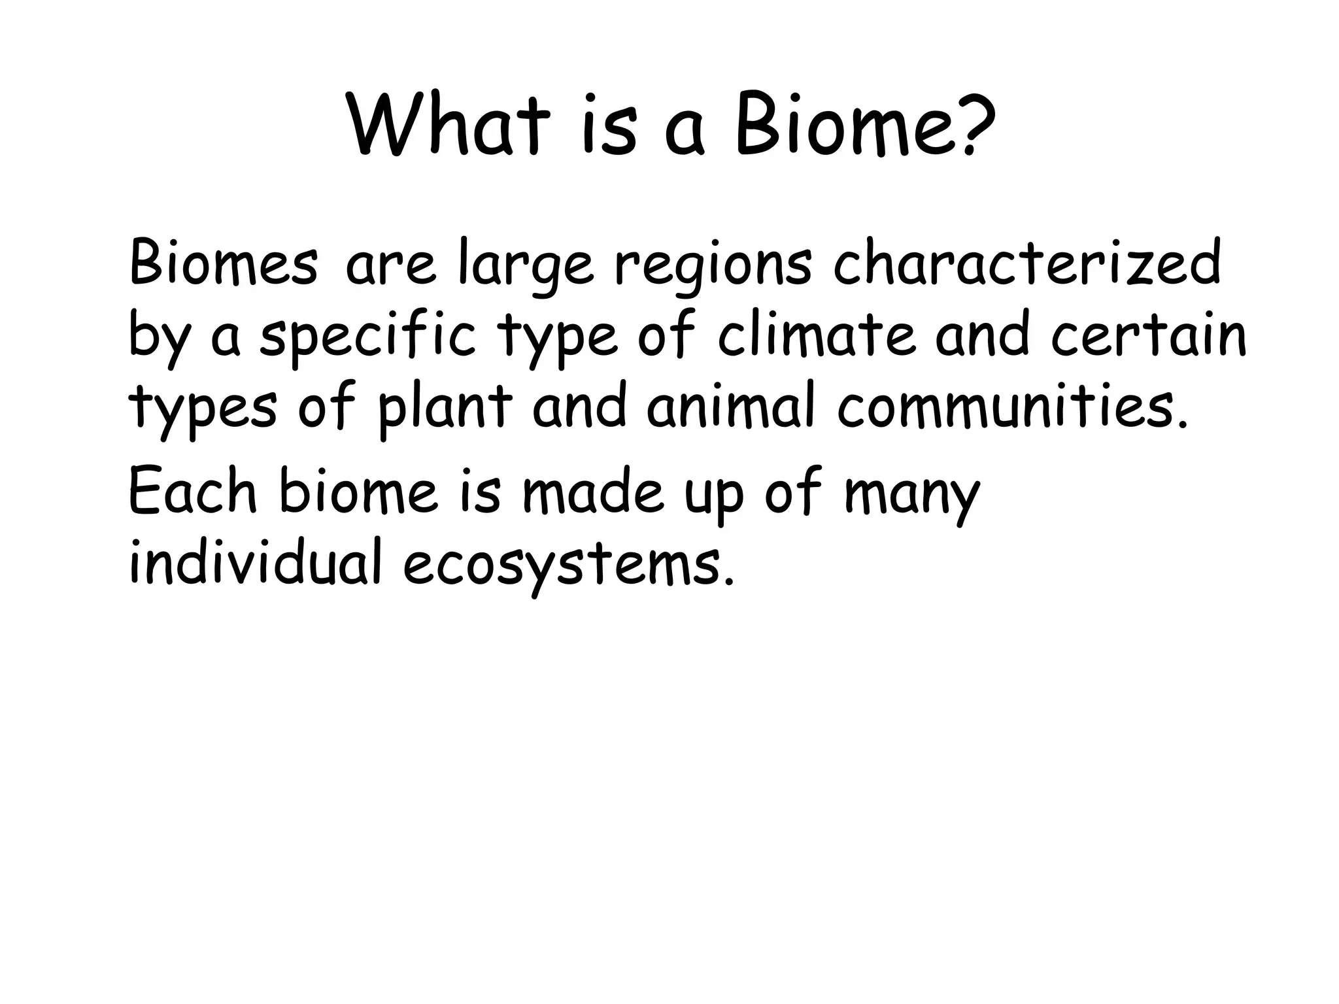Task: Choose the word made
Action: (592, 491)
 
